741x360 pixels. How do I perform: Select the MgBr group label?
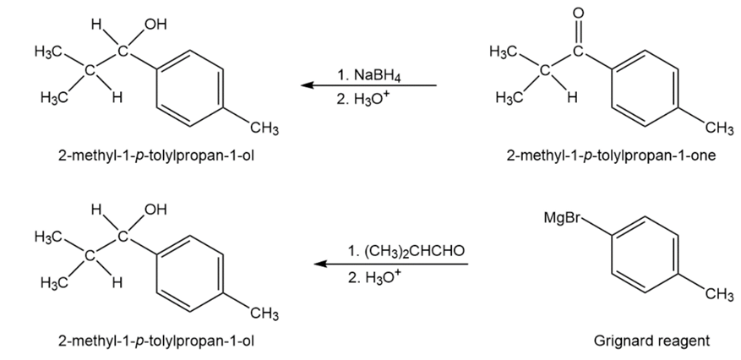tap(561, 218)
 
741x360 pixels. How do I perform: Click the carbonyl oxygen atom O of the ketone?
tap(579, 13)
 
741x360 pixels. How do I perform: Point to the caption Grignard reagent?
tap(651, 341)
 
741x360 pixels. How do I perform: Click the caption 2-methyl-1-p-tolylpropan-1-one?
tap(611, 155)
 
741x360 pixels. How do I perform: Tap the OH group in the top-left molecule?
tap(155, 25)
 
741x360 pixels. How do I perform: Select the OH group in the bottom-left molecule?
tap(155, 210)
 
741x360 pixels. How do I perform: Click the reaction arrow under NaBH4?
tap(368, 85)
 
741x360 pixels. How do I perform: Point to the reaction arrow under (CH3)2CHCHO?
tap(391, 264)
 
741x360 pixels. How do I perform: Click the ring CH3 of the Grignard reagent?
tap(719, 295)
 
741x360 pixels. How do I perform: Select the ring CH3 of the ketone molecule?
tap(719, 128)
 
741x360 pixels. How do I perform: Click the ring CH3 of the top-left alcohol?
tap(264, 128)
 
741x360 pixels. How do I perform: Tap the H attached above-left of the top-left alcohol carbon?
tap(96, 25)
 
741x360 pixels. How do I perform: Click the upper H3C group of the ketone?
tap(504, 51)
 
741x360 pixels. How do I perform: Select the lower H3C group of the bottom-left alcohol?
tap(54, 283)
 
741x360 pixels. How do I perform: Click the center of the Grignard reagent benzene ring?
tap(645, 254)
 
